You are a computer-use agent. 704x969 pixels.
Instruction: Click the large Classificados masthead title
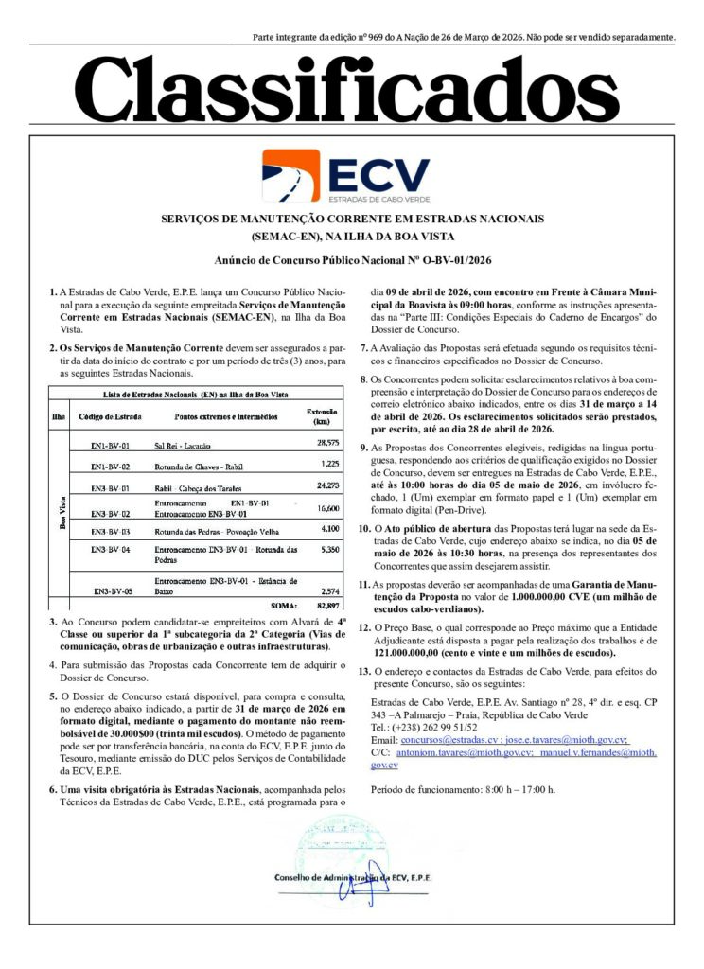pos(352,93)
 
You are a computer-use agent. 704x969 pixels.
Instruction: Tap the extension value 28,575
pos(327,442)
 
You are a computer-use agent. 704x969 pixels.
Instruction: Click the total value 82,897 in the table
pos(326,604)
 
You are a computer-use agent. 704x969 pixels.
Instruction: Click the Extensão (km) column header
pos(322,416)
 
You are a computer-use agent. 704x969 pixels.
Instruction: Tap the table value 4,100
pos(327,529)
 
